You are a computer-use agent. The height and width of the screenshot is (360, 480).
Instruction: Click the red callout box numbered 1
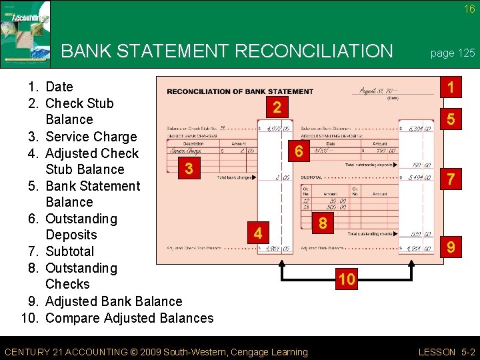tap(451, 87)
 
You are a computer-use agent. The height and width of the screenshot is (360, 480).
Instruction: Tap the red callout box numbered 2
tap(277, 107)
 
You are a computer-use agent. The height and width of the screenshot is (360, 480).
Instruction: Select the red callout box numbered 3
tap(189, 168)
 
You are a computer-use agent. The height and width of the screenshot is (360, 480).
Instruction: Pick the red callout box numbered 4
tap(257, 233)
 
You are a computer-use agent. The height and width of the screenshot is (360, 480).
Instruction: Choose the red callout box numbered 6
tap(299, 153)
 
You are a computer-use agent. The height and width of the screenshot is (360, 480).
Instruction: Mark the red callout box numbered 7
tap(451, 179)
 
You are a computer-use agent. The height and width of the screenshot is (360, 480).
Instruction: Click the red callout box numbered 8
tap(323, 223)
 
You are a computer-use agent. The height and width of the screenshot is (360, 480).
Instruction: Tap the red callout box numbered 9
tap(451, 248)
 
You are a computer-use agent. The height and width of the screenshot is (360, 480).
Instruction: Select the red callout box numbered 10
tap(346, 279)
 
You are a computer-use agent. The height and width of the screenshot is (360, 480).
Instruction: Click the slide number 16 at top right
tap(469, 9)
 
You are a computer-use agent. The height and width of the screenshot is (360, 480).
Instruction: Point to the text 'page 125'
tap(453, 53)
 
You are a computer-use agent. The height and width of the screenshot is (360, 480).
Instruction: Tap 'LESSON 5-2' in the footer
tap(446, 352)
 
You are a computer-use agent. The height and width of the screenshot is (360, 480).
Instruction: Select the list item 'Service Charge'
tap(91, 137)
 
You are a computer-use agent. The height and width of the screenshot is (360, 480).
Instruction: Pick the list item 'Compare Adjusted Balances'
tap(129, 318)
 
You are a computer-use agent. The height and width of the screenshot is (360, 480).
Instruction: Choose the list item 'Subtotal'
tap(70, 251)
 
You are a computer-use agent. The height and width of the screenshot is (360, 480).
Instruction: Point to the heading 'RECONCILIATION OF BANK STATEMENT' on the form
tap(239, 91)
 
